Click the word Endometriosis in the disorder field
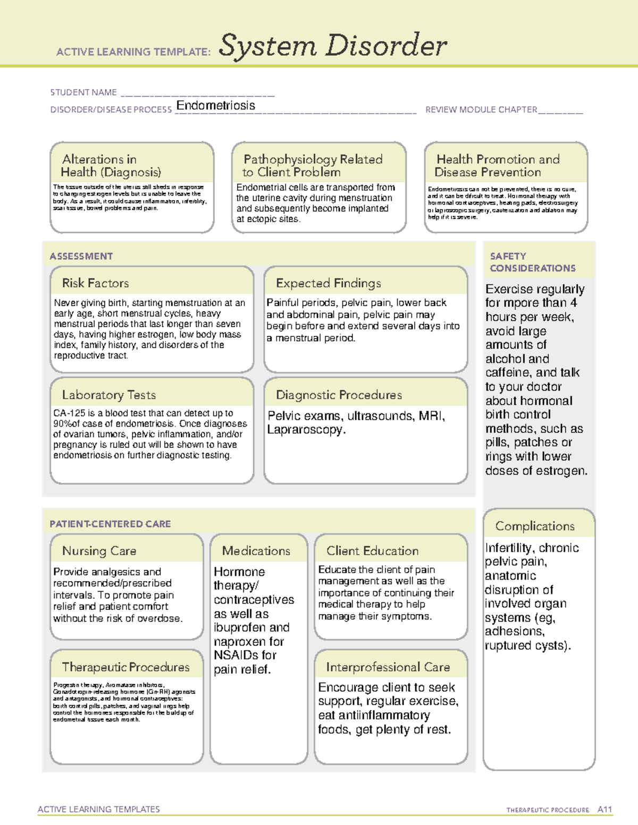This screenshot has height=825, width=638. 215,106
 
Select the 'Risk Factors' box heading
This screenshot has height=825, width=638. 95,283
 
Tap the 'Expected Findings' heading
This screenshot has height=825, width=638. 328,283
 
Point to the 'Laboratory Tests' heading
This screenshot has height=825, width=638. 108,395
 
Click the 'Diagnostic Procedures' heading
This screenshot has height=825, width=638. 339,395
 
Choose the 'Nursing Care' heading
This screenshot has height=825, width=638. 99,551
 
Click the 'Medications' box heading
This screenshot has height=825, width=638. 256,551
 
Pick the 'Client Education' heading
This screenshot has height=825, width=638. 372,551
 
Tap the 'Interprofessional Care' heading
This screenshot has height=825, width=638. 388,667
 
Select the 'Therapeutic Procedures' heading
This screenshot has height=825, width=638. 125,667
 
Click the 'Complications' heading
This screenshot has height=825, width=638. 534,526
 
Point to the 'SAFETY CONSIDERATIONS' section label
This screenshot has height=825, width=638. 532,262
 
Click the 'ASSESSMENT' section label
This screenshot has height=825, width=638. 81,256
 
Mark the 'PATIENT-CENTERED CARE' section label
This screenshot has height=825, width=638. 110,524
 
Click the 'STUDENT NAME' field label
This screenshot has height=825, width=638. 83,92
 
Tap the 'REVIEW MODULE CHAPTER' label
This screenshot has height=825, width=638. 481,109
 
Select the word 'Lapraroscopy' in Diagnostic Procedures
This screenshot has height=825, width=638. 305,430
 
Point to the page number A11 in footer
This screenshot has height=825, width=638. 605,810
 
